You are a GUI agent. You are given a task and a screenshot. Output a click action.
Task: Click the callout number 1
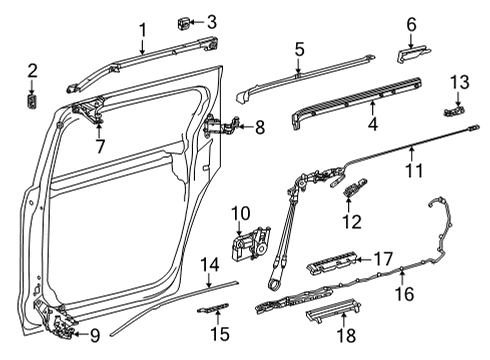point(142,30)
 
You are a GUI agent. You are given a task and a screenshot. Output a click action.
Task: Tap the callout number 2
point(32,69)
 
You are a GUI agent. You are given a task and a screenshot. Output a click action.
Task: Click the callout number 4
point(373,126)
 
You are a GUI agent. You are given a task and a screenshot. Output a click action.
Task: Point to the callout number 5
point(299,48)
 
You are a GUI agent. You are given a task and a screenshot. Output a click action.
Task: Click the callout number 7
point(100,147)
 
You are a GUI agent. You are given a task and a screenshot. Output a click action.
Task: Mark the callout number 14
point(208,264)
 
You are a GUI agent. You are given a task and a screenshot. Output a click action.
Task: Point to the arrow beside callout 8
point(244,127)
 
